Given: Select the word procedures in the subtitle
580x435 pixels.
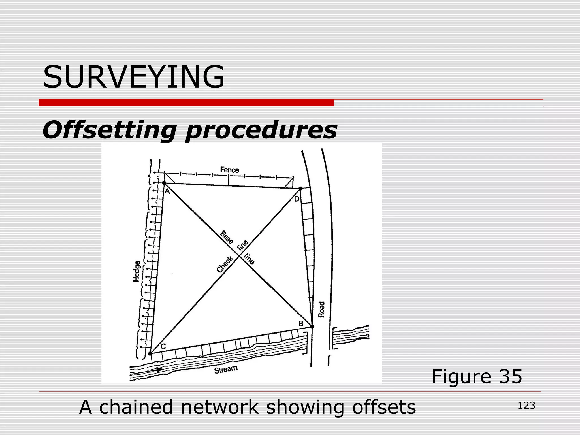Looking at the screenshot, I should [261, 130].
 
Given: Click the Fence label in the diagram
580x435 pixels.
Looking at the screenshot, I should [230, 170].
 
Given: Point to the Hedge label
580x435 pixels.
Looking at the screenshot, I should [137, 271].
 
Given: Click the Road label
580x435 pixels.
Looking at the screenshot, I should [321, 309].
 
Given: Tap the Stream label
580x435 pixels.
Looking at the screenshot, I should [226, 369].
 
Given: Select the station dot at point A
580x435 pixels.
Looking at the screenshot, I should [164, 183].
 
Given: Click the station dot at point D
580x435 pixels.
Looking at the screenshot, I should [300, 188].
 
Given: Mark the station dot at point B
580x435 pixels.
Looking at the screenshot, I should [312, 327].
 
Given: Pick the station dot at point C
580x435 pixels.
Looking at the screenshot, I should [150, 353].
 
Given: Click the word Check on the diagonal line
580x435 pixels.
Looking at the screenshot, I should [225, 264].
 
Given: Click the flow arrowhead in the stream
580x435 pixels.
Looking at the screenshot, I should [159, 370].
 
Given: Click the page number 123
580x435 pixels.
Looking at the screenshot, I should [526, 406].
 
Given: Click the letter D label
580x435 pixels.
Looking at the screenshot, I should [297, 199].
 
